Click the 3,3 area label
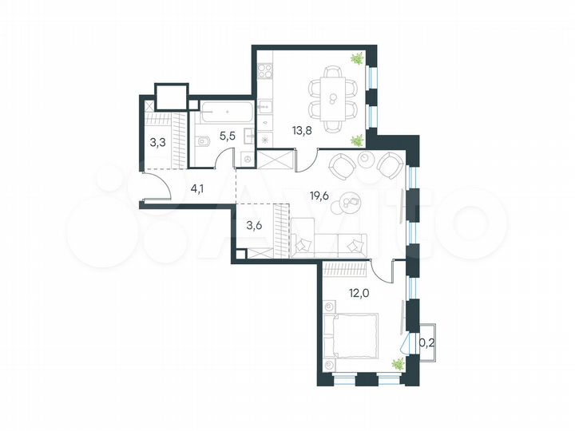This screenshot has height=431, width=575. tap(158, 144)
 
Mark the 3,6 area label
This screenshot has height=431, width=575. tap(253, 224)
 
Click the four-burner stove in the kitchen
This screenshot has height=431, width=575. tap(266, 73)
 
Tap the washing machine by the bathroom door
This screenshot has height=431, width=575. tap(248, 160)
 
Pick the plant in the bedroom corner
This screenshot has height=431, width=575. tap(396, 364)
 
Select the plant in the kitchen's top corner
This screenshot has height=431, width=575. tap(358, 57)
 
